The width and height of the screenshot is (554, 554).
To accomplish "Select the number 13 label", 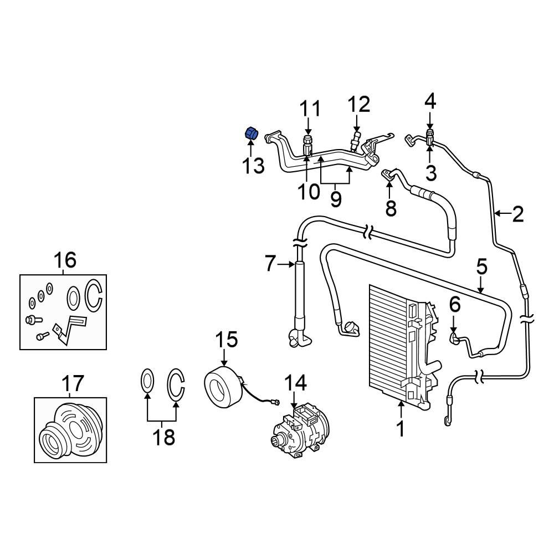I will point(253,165).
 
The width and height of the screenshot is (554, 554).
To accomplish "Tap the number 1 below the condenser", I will point(400,429).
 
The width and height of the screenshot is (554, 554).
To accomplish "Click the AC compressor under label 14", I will point(299,432).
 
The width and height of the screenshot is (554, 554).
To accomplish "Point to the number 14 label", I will point(295,382).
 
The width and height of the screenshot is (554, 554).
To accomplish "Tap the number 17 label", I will point(72,383).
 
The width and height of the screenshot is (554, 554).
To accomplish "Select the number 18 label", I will point(164,437).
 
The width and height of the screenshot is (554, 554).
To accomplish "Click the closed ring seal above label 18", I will point(147,382).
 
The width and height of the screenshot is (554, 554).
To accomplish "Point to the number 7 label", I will point(270,264).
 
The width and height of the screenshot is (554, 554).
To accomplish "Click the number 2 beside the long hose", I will point(517,214).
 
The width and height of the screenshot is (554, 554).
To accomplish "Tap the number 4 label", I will point(430,101).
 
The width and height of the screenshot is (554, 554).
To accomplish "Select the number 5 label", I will point(481,266).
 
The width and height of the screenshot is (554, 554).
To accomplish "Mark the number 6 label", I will point(454,304).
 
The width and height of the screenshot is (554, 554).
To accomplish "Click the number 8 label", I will point(391,208).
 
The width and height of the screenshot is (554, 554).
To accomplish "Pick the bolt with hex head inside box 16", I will point(31,320).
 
